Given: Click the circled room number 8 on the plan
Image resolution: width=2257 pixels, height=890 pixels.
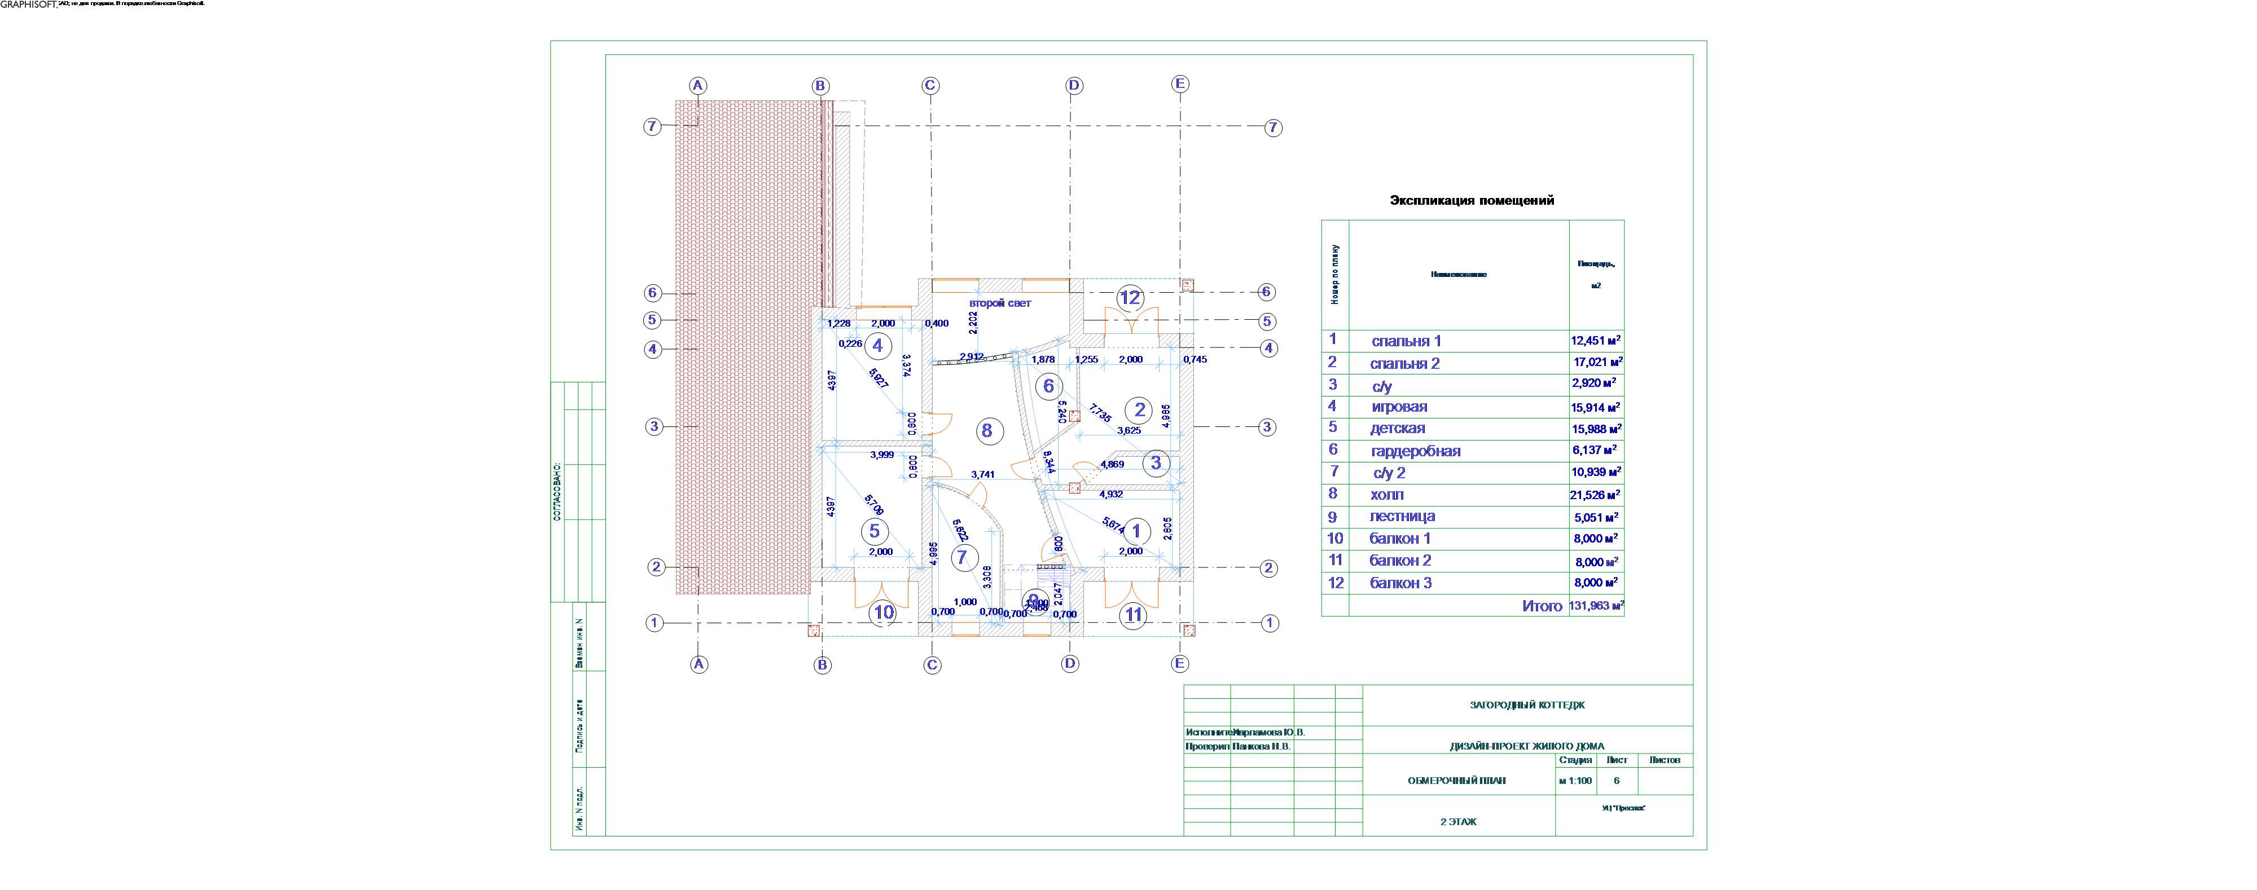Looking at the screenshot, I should pyautogui.click(x=987, y=430).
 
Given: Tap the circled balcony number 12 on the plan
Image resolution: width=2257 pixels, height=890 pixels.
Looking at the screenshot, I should pyautogui.click(x=1130, y=298).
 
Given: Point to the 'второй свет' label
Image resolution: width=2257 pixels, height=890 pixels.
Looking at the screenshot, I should pyautogui.click(x=1000, y=303).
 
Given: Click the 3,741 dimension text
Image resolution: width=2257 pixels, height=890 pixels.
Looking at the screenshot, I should pyautogui.click(x=983, y=475).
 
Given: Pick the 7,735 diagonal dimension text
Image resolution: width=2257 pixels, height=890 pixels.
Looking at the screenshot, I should pyautogui.click(x=1100, y=413).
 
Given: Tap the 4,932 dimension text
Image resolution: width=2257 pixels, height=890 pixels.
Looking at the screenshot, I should pyautogui.click(x=1111, y=494).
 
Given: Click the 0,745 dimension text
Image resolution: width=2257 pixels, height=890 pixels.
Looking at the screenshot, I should pyautogui.click(x=1195, y=359).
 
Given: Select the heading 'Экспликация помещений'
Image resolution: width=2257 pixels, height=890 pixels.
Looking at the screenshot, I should pyautogui.click(x=1472, y=201).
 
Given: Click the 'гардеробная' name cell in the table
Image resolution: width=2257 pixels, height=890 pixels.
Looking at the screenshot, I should pyautogui.click(x=1415, y=451).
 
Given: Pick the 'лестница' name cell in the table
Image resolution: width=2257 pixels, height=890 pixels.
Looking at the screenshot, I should pyautogui.click(x=1402, y=517).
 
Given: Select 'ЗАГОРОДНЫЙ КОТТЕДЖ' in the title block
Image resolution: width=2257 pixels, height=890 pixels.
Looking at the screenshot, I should pyautogui.click(x=1527, y=705).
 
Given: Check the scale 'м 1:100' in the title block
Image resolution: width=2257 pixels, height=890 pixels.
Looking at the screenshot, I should pyautogui.click(x=1575, y=781).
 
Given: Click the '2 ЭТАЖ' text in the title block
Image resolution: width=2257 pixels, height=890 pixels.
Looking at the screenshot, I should pyautogui.click(x=1459, y=822).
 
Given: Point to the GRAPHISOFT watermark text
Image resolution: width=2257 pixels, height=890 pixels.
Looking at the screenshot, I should pyautogui.click(x=29, y=5).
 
